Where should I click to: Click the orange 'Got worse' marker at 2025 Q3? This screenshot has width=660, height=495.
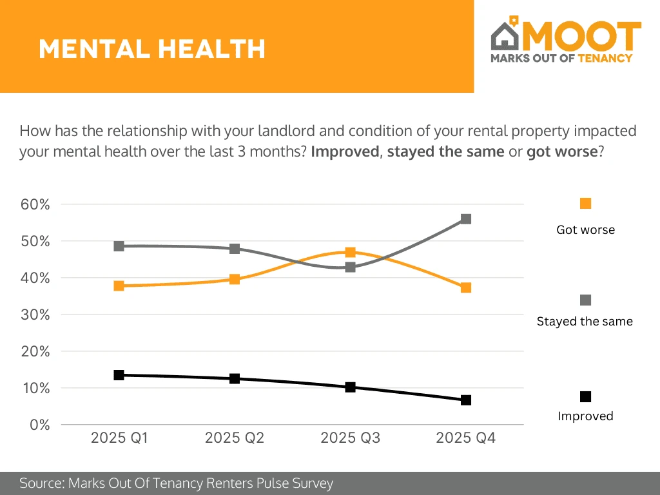tap(350, 252)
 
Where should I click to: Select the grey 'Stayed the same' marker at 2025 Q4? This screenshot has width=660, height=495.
tap(466, 219)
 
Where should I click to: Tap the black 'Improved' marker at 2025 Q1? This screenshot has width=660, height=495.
tap(119, 375)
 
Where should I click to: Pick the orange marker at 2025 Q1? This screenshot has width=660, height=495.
tap(119, 286)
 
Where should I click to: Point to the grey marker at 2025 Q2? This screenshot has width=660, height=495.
tap(235, 249)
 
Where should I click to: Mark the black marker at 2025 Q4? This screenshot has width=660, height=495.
tap(466, 400)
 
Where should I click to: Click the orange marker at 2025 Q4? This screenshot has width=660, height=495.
tap(466, 287)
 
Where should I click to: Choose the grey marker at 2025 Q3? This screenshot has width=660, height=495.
tap(350, 267)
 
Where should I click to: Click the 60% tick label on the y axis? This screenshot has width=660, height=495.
tap(36, 204)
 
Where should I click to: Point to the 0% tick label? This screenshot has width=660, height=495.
tap(40, 425)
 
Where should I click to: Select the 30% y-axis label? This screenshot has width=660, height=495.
tap(36, 315)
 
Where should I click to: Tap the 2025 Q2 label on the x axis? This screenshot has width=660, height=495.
tap(235, 439)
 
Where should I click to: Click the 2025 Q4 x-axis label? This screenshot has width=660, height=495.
tap(466, 439)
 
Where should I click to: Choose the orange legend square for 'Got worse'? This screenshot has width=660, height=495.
tap(585, 204)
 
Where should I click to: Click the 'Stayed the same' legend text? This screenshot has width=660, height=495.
tap(585, 321)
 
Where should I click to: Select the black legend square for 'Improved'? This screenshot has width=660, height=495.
tap(585, 396)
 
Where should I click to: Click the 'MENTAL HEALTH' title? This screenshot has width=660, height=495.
tap(152, 49)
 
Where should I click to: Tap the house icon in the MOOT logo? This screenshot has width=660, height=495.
tap(506, 36)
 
